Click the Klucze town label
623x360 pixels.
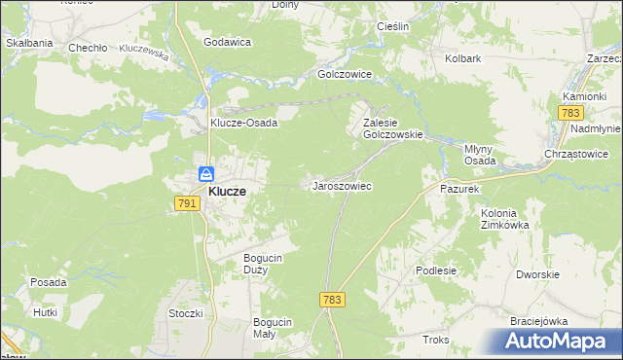click(227, 193)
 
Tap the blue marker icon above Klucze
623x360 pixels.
click(206, 174)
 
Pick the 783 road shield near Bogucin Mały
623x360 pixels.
click(331, 300)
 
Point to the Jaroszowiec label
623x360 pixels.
click(341, 185)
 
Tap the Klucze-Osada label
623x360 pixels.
click(245, 124)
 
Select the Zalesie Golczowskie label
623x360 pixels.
click(392, 129)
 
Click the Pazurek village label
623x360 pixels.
click(460, 188)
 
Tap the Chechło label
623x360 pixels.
click(86, 47)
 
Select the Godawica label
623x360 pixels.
click(228, 42)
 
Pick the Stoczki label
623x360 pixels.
click(185, 313)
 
